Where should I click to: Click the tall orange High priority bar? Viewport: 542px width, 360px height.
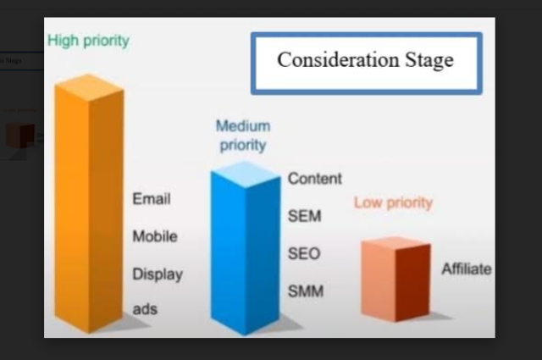[89, 204]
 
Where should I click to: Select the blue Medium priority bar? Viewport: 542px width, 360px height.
[246, 248]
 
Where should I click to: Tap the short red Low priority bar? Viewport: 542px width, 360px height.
[395, 280]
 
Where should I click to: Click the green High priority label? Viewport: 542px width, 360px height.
[88, 41]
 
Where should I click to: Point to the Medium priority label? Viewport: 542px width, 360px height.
[243, 136]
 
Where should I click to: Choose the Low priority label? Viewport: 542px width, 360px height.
[393, 202]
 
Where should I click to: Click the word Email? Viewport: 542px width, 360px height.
[152, 199]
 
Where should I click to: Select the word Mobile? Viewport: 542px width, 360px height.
[155, 236]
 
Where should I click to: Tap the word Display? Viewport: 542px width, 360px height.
[158, 274]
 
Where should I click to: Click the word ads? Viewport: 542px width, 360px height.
[145, 309]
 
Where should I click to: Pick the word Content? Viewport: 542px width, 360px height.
[315, 179]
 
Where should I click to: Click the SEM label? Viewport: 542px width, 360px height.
[305, 216]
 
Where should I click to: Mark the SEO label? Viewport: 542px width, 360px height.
[304, 253]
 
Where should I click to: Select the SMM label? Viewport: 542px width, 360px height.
[306, 291]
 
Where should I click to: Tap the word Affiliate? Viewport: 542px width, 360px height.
[467, 269]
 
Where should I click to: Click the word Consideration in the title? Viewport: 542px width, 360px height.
[338, 60]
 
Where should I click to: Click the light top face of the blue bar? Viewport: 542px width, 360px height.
[246, 174]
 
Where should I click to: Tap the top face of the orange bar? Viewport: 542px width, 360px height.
[89, 87]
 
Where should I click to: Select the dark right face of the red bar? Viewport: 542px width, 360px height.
[413, 282]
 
